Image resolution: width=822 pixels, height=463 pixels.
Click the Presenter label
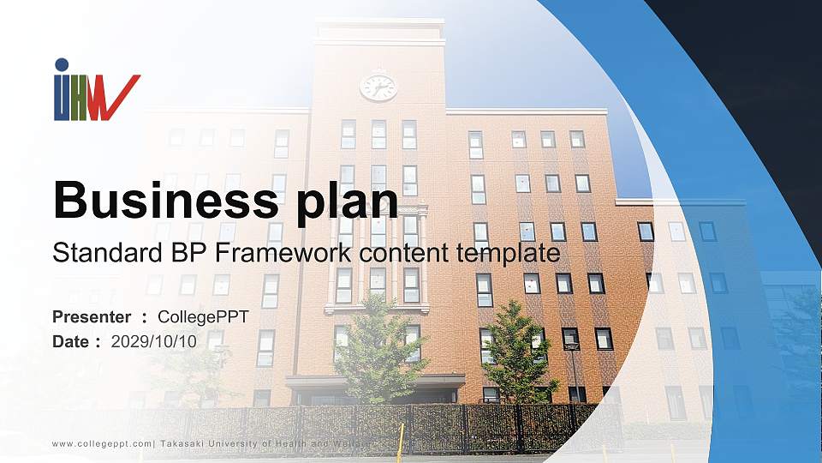92,317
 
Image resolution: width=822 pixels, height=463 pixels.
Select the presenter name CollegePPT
209,317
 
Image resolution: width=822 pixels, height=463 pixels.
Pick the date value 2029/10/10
154,341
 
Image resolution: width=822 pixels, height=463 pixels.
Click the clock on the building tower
378,86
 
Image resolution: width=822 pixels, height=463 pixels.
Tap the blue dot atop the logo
62,64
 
